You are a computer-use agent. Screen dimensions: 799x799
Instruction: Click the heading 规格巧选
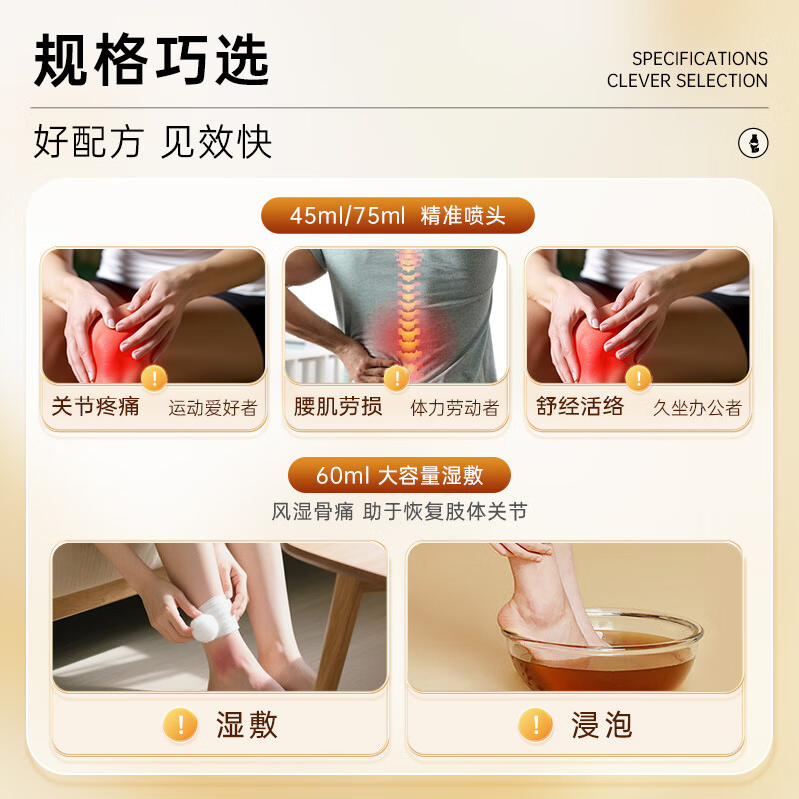tap(151, 60)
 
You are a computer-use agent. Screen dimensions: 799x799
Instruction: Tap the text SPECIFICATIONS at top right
tap(700, 59)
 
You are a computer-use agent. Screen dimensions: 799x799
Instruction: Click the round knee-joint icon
tap(753, 143)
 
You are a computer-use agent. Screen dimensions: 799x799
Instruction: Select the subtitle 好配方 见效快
tap(153, 141)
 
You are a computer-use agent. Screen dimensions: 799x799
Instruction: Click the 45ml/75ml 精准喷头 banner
tap(398, 215)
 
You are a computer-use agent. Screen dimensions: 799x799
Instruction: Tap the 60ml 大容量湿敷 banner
tap(399, 475)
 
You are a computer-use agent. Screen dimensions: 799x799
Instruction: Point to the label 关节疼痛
tap(95, 406)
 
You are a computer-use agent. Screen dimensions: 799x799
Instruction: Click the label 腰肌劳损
tap(338, 406)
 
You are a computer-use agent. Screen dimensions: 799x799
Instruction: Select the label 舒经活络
tap(580, 406)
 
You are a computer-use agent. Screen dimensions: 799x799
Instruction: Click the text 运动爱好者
tap(213, 408)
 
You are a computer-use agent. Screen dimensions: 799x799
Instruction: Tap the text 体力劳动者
tap(455, 408)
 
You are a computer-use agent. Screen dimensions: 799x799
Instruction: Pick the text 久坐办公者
tap(697, 408)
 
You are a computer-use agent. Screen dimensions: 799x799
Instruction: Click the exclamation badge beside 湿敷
tap(180, 724)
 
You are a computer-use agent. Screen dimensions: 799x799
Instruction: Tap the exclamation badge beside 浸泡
tap(535, 724)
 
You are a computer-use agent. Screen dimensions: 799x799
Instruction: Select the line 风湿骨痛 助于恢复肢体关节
tap(399, 511)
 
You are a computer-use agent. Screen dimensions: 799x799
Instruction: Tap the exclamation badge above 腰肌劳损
tap(397, 378)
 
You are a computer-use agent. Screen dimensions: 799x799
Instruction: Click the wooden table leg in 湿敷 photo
tap(338, 632)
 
